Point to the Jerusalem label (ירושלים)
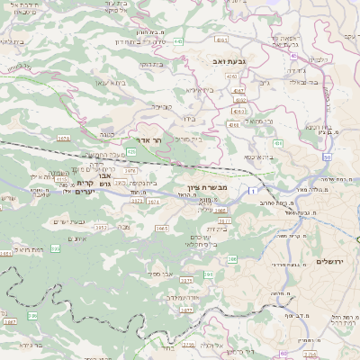coord(333,261)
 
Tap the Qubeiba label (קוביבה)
coord(161,106)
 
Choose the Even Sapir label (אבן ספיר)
coord(161,273)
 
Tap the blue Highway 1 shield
coord(256,192)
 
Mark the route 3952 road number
coord(102,228)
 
